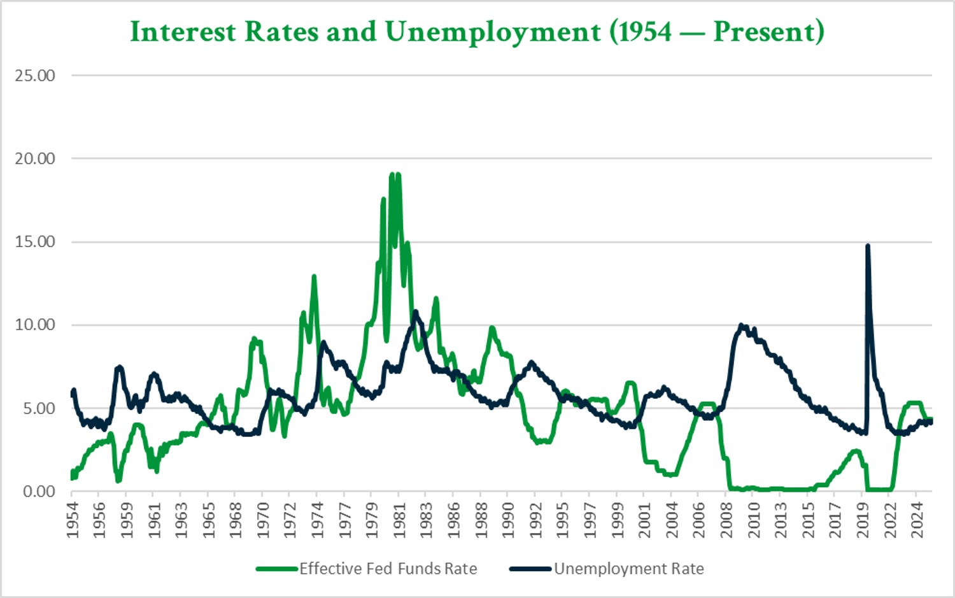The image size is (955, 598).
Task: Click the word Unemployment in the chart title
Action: [493, 32]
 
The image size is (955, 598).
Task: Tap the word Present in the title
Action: [763, 32]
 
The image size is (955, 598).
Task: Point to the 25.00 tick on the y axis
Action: [35, 75]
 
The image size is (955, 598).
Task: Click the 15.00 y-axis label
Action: [35, 241]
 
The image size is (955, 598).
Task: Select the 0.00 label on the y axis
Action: [39, 491]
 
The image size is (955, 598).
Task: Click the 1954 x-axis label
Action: [72, 520]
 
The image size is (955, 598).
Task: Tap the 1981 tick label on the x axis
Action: [399, 520]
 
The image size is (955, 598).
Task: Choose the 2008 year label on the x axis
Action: [726, 520]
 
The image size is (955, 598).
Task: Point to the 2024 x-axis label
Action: [917, 520]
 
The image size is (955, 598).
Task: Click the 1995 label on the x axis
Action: [563, 520]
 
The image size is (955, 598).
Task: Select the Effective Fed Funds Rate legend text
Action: [388, 569]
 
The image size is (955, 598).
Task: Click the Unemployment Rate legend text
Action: [629, 569]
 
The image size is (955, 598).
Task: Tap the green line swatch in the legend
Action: [277, 569]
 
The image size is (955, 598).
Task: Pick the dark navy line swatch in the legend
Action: [530, 569]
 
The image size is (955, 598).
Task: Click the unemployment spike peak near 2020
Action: [867, 246]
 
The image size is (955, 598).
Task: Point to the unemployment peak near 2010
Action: [741, 325]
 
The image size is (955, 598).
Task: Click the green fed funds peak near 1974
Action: [314, 276]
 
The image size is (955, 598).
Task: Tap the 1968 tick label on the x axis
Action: [236, 520]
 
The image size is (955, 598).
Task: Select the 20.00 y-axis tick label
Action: [35, 159]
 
